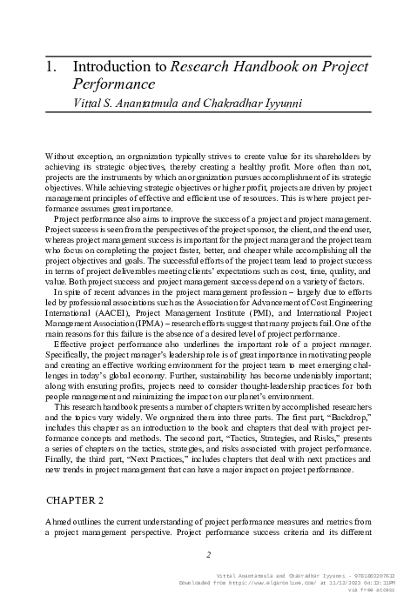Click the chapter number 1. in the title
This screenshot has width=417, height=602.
49,67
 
